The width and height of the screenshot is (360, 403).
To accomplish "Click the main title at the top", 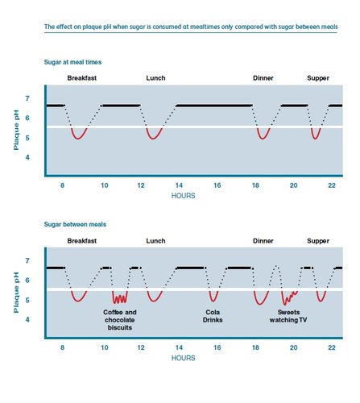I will click(x=190, y=27).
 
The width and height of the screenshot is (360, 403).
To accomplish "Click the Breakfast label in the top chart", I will click(x=83, y=78).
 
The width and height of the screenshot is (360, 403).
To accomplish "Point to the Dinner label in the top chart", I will click(x=263, y=78).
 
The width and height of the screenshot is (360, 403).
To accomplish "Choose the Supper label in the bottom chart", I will click(x=318, y=241).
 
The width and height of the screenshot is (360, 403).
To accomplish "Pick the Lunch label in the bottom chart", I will click(x=155, y=241).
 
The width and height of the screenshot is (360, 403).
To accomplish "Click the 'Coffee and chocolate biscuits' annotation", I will click(x=121, y=319).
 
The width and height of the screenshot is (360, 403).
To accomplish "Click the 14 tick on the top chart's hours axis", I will click(x=179, y=185).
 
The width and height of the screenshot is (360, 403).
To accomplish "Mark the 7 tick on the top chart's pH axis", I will click(x=27, y=98).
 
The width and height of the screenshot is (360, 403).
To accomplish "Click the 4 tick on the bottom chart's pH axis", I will click(x=27, y=320).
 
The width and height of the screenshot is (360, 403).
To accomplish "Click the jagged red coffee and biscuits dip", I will click(x=120, y=297).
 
